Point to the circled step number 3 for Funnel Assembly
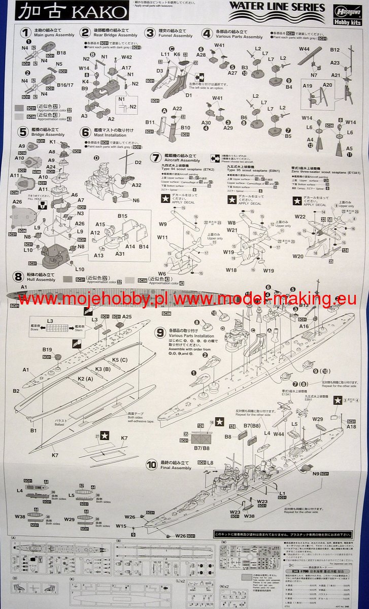point(149,33)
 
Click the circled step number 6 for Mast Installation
point(85,132)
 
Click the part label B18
point(61,53)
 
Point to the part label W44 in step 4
point(304,49)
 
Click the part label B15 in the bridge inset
point(122,216)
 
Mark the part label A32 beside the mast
point(136,186)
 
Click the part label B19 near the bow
point(48,350)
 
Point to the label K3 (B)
point(103,368)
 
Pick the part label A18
point(351,427)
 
